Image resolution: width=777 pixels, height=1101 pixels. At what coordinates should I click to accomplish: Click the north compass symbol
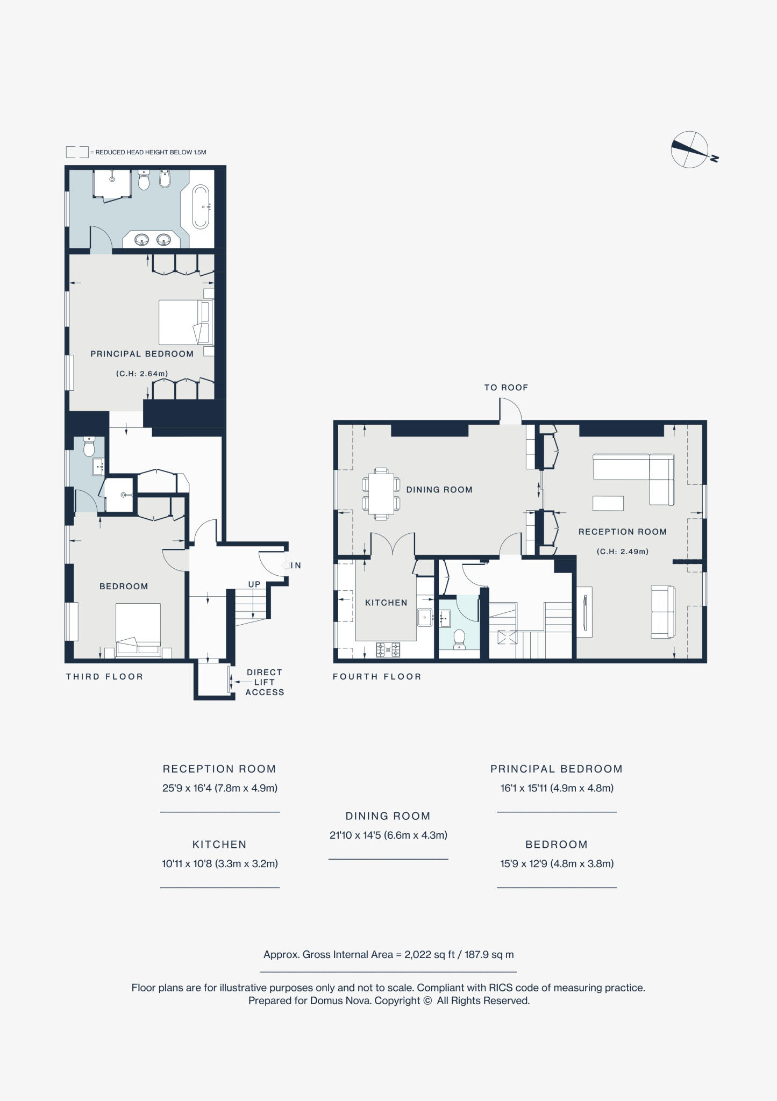(690, 149)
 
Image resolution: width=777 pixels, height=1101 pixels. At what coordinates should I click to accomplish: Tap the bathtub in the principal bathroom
(201, 206)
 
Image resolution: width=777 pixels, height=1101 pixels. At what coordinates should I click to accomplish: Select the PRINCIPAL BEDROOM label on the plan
(142, 354)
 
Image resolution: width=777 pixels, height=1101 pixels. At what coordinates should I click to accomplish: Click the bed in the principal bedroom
(184, 322)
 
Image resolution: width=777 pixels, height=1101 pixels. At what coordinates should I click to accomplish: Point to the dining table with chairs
(381, 494)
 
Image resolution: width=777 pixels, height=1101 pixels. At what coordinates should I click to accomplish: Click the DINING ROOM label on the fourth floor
(439, 490)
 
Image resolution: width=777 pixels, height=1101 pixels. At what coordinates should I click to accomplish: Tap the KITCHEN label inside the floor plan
(386, 603)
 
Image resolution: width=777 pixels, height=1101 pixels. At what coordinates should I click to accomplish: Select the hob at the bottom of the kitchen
(388, 650)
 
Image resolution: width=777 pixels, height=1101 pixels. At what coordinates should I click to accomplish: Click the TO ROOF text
(506, 388)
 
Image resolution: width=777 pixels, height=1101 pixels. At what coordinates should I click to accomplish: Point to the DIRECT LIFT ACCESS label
(264, 682)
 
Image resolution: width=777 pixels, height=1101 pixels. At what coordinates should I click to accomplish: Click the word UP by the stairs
(254, 584)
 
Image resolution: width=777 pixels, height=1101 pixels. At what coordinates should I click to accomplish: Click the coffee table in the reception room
(608, 503)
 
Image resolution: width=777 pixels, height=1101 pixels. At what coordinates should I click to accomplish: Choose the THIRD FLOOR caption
(105, 677)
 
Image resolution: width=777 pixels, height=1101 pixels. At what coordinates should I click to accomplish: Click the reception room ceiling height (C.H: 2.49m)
(623, 552)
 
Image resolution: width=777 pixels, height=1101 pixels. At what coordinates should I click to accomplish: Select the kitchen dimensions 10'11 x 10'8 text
(220, 864)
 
